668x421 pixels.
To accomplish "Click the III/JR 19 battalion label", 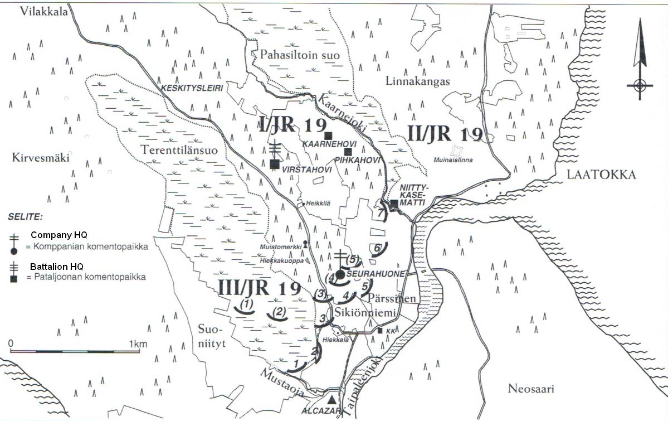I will click(x=260, y=288).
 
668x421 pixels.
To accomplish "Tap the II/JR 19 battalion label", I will click(x=444, y=134).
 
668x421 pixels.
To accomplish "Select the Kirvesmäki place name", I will click(x=40, y=158).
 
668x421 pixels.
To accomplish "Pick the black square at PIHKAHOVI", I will click(x=348, y=152).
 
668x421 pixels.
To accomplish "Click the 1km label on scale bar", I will click(x=138, y=343).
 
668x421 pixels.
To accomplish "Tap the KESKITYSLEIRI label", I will click(x=183, y=88).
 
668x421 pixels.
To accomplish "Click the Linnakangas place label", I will click(x=417, y=81).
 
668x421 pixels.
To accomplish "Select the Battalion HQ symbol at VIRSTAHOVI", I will click(x=274, y=163).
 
